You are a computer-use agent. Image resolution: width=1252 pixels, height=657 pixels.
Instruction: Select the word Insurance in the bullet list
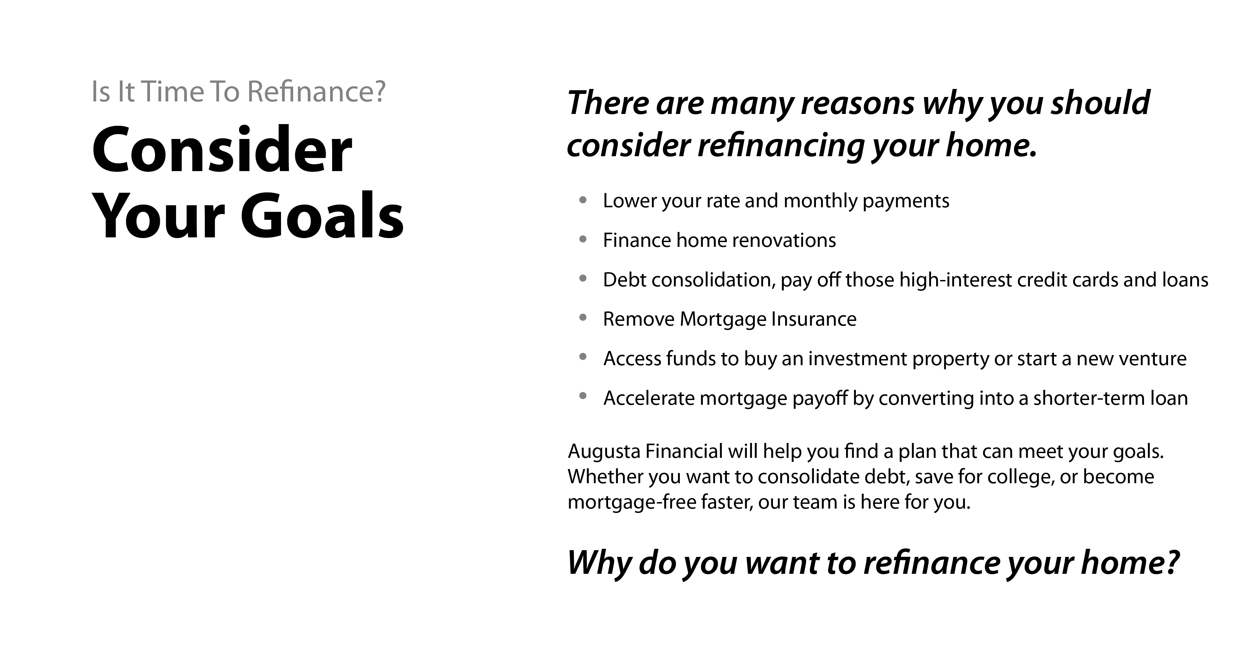click(814, 319)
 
